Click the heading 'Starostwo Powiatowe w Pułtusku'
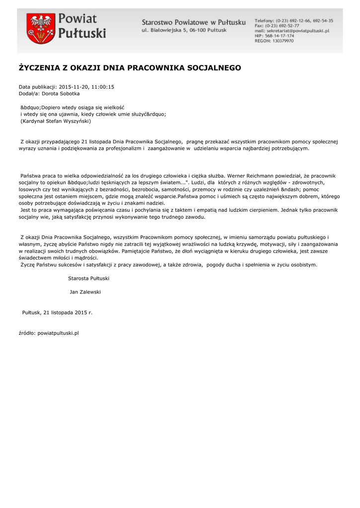point(194,22)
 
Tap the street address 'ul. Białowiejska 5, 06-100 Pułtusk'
point(184,30)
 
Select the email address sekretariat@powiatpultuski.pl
point(298,31)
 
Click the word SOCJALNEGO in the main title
point(214,67)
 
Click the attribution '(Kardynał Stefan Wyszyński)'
point(56,121)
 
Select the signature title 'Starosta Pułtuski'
point(89,279)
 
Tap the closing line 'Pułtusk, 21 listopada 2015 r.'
point(58,313)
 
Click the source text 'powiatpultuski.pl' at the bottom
point(59,333)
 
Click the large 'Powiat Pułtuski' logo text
point(82,27)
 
